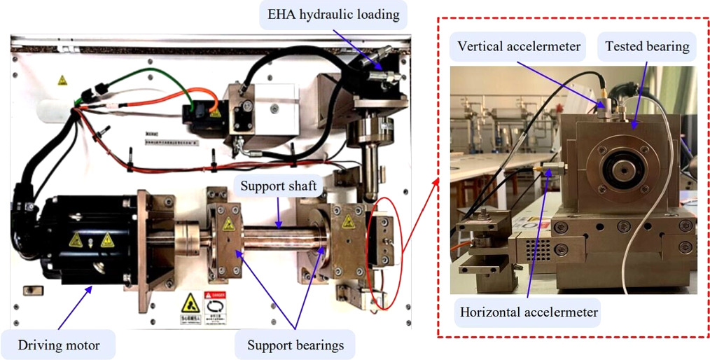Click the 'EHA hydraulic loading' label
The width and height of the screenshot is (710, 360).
333,14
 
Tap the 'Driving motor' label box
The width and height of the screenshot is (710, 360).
59,345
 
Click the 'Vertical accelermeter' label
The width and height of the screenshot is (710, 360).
519,46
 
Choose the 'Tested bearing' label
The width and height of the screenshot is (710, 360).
647,46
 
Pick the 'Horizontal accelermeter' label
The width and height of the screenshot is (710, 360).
528,312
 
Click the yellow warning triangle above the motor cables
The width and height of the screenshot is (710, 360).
63,81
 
